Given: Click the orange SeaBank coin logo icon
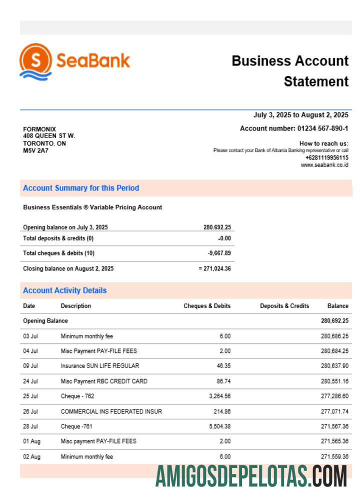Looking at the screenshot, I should pyautogui.click(x=35, y=61).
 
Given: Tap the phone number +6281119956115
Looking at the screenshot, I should pyautogui.click(x=327, y=157).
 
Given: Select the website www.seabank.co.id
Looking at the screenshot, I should pyautogui.click(x=324, y=165).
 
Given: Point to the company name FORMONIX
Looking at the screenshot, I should pyautogui.click(x=39, y=129).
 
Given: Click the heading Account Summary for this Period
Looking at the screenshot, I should pyautogui.click(x=81, y=188).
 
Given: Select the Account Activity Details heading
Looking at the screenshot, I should pyautogui.click(x=64, y=290).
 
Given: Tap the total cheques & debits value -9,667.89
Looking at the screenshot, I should pyautogui.click(x=219, y=253).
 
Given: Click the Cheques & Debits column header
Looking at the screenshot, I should pyautogui.click(x=207, y=306).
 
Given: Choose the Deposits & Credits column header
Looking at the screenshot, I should pyautogui.click(x=284, y=306).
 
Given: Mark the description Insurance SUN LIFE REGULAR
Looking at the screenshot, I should pyautogui.click(x=100, y=366).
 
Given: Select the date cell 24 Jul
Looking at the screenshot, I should pyautogui.click(x=30, y=381).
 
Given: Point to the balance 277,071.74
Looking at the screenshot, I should pyautogui.click(x=334, y=411).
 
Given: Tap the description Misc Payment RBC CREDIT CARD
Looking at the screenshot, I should pyautogui.click(x=104, y=381).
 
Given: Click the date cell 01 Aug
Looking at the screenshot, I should pyautogui.click(x=31, y=441).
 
